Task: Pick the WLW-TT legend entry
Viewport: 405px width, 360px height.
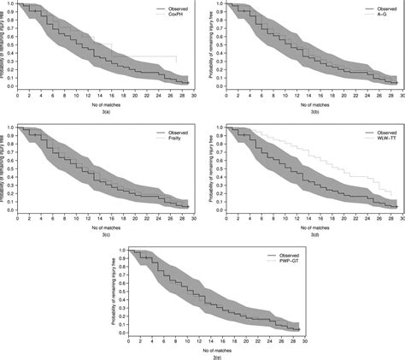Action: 384,139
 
